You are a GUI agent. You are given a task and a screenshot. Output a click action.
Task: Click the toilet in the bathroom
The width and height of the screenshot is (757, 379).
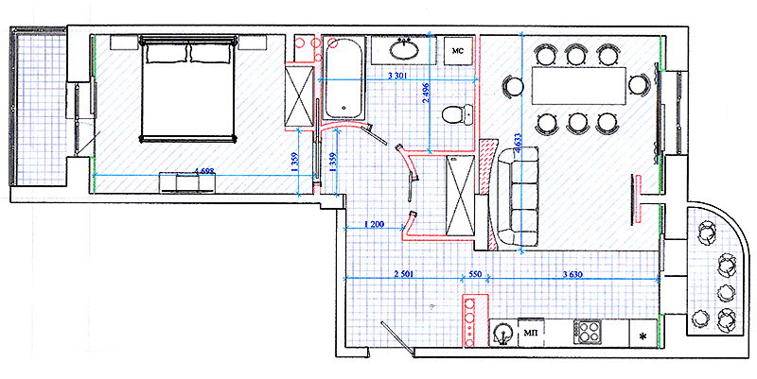click(x=456, y=115)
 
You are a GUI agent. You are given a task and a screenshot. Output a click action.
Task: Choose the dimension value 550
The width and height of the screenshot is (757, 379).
click(x=475, y=274)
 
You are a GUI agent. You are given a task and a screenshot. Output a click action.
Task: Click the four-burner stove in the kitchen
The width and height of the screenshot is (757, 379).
click(x=589, y=332)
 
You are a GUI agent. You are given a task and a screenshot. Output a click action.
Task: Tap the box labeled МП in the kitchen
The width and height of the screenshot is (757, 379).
click(x=531, y=333)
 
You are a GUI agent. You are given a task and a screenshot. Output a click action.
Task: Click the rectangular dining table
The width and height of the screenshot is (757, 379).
click(x=579, y=86)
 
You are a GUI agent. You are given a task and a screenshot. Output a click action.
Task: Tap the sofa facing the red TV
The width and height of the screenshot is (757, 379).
click(x=518, y=198)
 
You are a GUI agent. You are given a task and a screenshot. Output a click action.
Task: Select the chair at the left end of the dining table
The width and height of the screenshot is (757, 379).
click(x=512, y=87)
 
